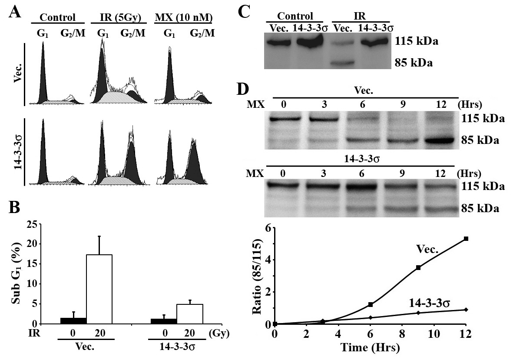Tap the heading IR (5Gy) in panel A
(x=116, y=17)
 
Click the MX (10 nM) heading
(x=184, y=17)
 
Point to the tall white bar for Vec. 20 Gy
(x=99, y=289)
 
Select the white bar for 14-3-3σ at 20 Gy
(x=190, y=314)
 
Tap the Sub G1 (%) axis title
(x=17, y=273)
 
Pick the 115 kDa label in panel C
(x=416, y=42)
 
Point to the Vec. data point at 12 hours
(x=466, y=239)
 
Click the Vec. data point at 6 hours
(x=371, y=305)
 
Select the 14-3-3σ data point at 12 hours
(x=466, y=310)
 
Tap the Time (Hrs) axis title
(x=370, y=347)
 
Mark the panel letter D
(x=242, y=89)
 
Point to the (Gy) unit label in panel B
(x=219, y=333)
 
